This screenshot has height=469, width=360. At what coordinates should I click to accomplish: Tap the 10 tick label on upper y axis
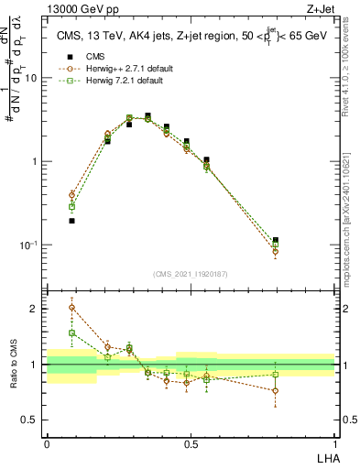(32, 79)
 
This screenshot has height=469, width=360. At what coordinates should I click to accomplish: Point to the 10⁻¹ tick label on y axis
(30, 245)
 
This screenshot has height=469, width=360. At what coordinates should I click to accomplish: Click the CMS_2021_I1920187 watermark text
(191, 273)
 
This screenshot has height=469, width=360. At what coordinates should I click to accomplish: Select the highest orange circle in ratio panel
(72, 308)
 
